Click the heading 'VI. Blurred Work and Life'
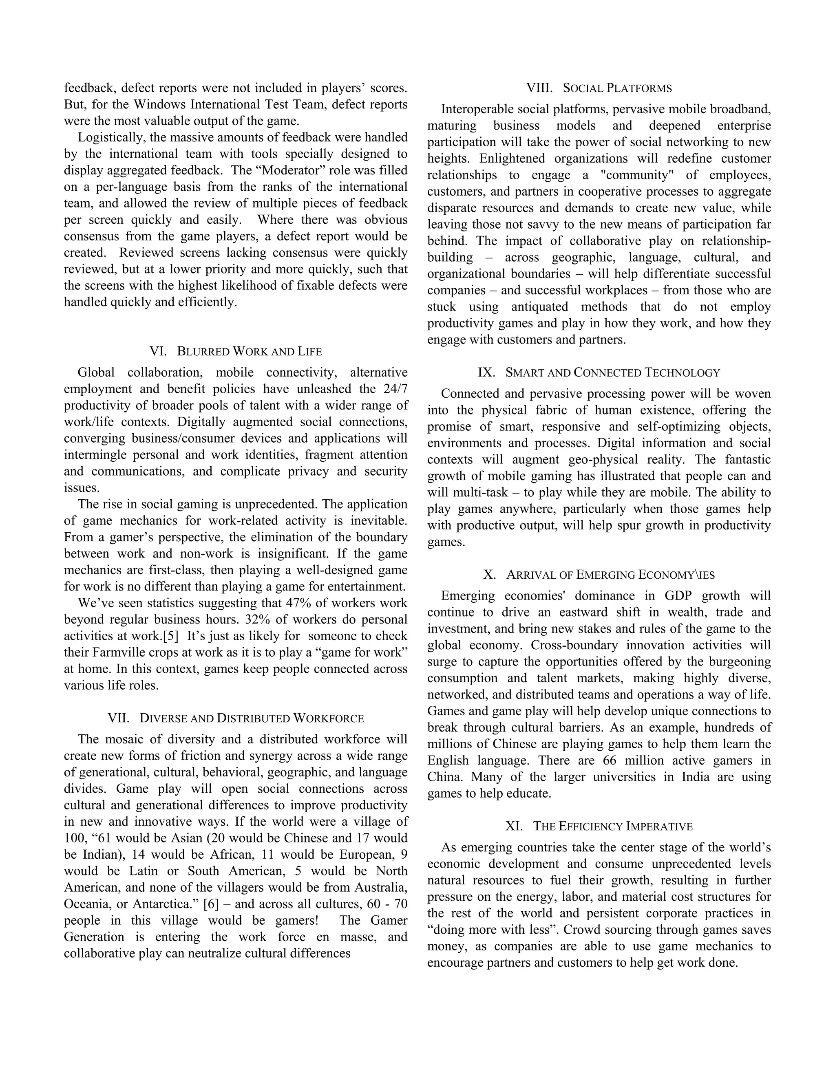236,352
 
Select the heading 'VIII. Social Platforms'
599,88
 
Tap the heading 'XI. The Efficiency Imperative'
599,827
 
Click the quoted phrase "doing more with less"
490,930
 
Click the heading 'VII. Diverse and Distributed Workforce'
236,719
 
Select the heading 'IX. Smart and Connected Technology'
599,373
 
